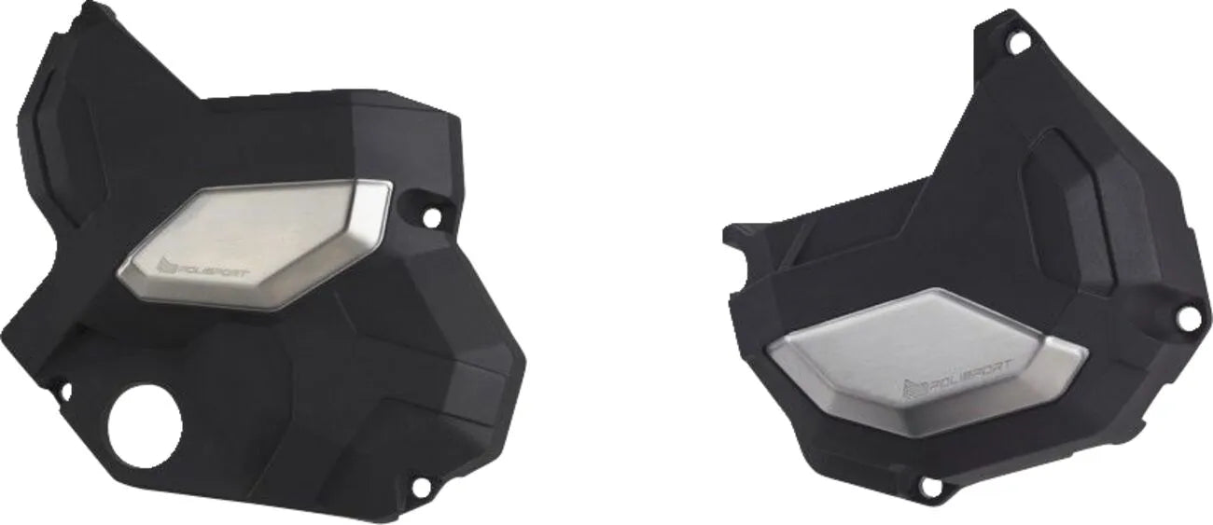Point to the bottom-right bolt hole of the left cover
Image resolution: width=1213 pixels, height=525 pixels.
pyautogui.click(x=419, y=487)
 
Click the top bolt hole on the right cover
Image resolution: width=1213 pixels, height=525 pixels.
pyautogui.click(x=1017, y=42)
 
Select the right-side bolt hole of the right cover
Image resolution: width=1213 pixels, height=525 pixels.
pyautogui.click(x=1188, y=318)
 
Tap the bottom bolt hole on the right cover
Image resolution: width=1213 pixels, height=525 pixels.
pyautogui.click(x=928, y=486)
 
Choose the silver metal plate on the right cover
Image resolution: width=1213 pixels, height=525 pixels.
pyautogui.click(x=924, y=359)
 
